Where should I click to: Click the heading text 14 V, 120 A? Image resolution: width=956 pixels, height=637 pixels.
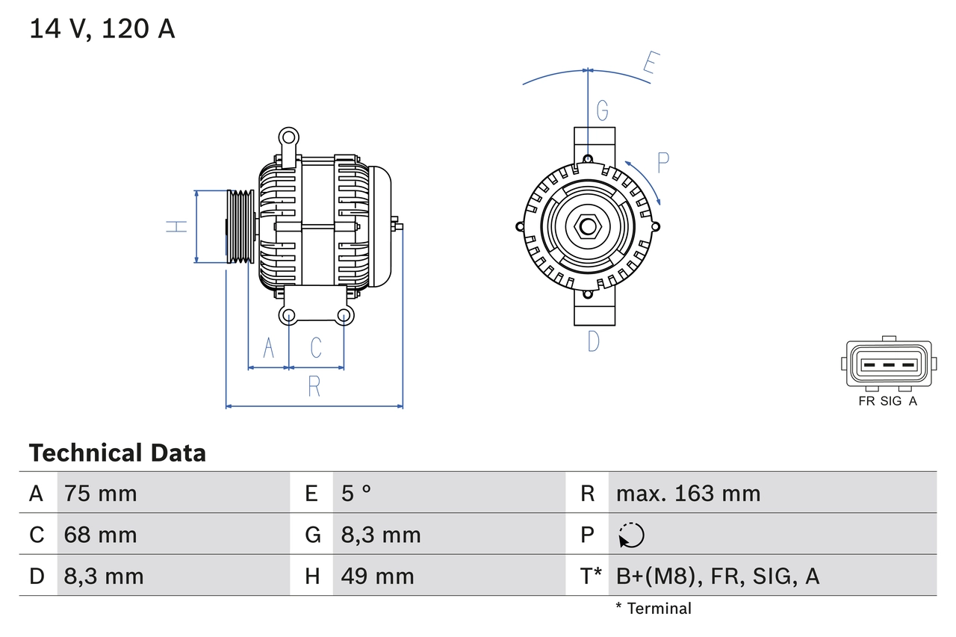tap(102, 28)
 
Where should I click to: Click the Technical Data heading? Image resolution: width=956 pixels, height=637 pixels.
tap(117, 453)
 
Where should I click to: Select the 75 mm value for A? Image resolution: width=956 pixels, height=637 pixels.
tap(101, 493)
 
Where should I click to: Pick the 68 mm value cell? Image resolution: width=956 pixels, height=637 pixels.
tap(101, 535)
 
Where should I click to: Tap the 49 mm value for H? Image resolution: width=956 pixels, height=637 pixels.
tap(377, 576)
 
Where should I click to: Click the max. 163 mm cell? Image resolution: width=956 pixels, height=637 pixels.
tap(688, 493)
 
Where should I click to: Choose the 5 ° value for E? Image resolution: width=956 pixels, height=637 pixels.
tap(356, 493)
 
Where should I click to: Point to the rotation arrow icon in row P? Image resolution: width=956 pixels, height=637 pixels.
tap(631, 535)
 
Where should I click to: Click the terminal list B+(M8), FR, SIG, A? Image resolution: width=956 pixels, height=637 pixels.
tap(717, 576)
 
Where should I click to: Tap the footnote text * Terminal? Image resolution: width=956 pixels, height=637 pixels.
tap(654, 609)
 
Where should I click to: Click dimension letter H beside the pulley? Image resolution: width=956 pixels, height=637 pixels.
tap(176, 226)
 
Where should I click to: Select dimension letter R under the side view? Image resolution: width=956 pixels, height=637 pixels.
tap(314, 387)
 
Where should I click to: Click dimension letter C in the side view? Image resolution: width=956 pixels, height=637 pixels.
tap(316, 347)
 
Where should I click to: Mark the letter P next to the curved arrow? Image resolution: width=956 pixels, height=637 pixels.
tap(662, 163)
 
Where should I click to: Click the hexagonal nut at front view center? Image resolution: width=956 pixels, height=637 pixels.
tap(588, 226)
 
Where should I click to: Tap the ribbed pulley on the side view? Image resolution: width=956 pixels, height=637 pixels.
tap(240, 226)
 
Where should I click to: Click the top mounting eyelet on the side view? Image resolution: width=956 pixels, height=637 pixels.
tap(288, 137)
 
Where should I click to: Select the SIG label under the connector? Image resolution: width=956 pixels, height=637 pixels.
tap(891, 401)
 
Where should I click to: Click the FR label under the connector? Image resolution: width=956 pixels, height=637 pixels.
tap(866, 401)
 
